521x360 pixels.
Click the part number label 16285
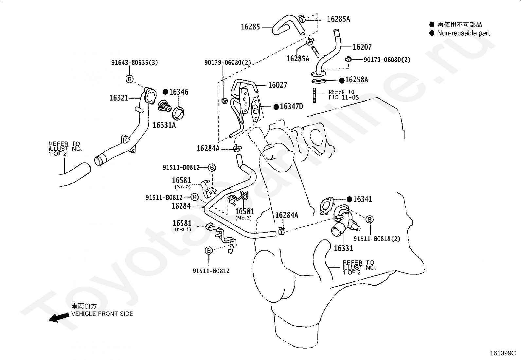click(x=250, y=27)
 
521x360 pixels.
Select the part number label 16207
click(x=362, y=47)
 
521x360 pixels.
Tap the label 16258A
click(x=357, y=80)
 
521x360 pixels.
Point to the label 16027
click(x=278, y=85)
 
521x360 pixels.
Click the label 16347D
click(x=292, y=106)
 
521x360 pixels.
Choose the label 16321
click(x=119, y=98)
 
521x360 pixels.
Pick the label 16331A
click(x=164, y=125)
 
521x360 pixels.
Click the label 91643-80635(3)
click(x=135, y=63)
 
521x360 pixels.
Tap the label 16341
click(x=363, y=199)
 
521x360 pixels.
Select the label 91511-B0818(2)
click(x=377, y=239)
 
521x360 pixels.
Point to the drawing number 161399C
click(x=503, y=353)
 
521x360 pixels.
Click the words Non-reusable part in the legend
click(x=463, y=33)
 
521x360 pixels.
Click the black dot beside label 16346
click(x=165, y=92)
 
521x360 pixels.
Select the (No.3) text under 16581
click(x=243, y=218)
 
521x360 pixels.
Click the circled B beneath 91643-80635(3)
click(x=130, y=79)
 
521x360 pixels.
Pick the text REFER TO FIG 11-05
click(x=344, y=95)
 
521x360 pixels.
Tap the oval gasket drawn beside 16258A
click(x=318, y=81)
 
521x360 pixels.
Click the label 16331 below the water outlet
click(x=343, y=248)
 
